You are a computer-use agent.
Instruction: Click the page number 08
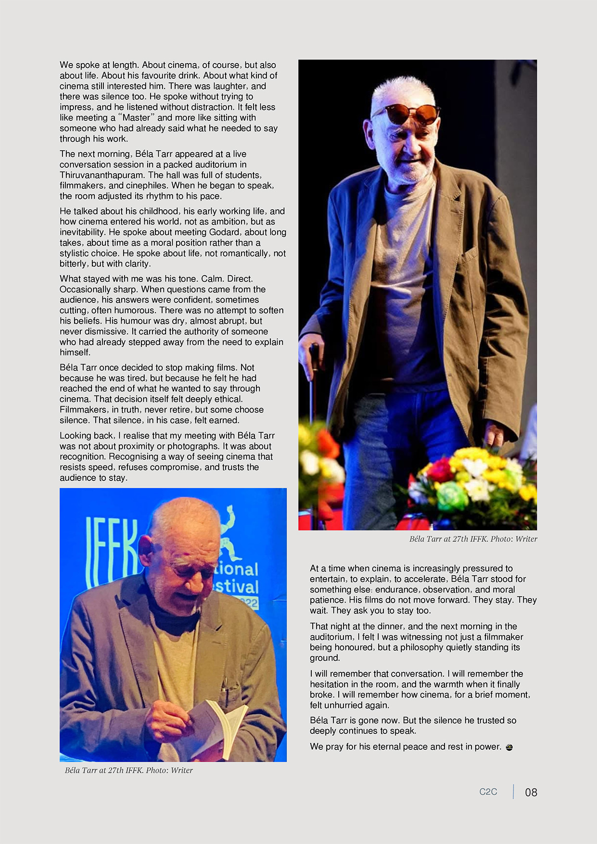pos(531,792)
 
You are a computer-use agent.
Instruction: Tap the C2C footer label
pos(488,792)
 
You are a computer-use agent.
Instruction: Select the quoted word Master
pos(137,118)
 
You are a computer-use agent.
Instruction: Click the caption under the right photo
pos(473,539)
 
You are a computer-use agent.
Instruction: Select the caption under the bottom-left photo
pos(128,770)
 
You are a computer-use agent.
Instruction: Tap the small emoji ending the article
pos(509,747)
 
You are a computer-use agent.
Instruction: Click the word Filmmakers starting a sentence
pos(82,410)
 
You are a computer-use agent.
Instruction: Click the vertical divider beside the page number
pos(513,792)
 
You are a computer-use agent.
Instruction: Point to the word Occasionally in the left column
pos(85,290)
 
